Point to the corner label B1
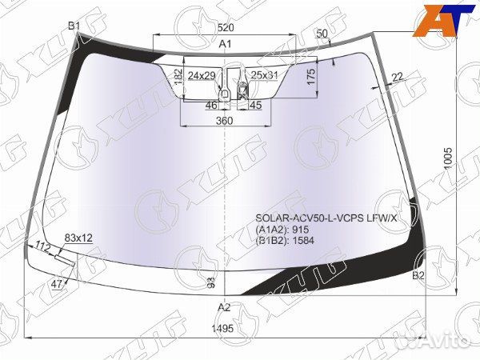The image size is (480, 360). tap(74, 26)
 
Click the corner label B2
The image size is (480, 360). tap(418, 276)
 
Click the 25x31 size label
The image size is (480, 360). tap(263, 75)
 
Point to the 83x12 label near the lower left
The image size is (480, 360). tap(78, 238)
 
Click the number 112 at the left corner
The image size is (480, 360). tap(43, 246)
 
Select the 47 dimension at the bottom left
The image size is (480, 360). tap(57, 284)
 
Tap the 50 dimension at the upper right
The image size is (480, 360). tap(322, 34)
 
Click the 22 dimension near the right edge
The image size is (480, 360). tap(397, 76)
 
